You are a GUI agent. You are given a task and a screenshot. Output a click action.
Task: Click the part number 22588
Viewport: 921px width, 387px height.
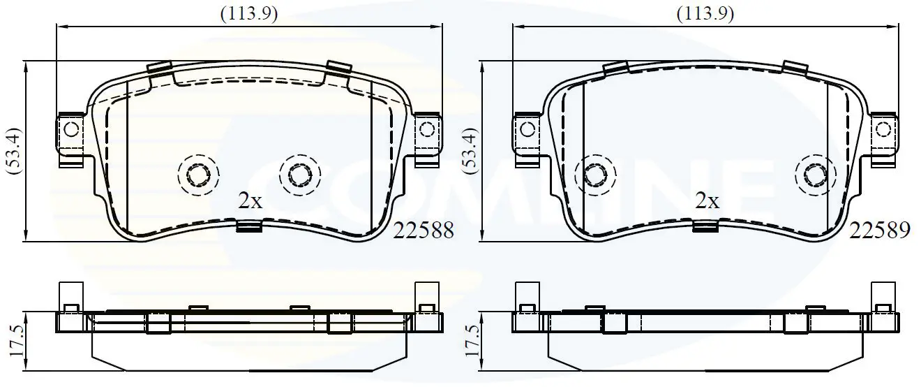coord(424,231)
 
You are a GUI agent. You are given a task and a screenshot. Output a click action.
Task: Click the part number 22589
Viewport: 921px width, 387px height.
coord(880,231)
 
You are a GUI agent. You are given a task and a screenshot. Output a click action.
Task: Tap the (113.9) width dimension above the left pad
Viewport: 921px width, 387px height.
coord(249,15)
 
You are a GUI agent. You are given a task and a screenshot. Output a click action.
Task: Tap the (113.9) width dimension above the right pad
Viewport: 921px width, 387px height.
coord(705,15)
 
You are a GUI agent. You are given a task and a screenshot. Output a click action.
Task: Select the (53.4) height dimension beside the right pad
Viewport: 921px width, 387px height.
coord(470,151)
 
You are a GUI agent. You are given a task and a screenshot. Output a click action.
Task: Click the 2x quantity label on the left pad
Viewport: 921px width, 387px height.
coord(250,201)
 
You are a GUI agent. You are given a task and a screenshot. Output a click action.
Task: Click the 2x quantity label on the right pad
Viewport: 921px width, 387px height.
coord(707,201)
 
